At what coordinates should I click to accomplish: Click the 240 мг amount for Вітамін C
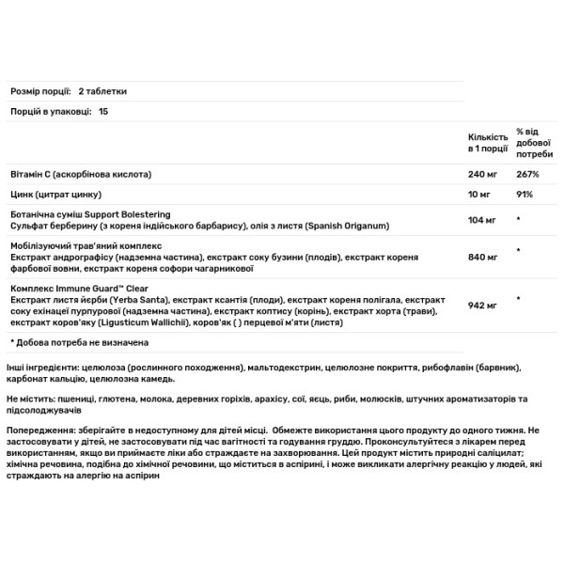pyautogui.click(x=481, y=176)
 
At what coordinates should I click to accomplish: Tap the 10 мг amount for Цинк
pyautogui.click(x=478, y=195)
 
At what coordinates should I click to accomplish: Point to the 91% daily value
pyautogui.click(x=524, y=195)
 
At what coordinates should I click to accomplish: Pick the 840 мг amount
pyautogui.click(x=481, y=257)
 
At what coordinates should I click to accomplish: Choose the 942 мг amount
pyautogui.click(x=481, y=303)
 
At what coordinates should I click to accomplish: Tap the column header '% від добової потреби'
pyautogui.click(x=534, y=142)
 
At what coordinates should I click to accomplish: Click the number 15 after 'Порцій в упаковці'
pyautogui.click(x=103, y=112)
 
